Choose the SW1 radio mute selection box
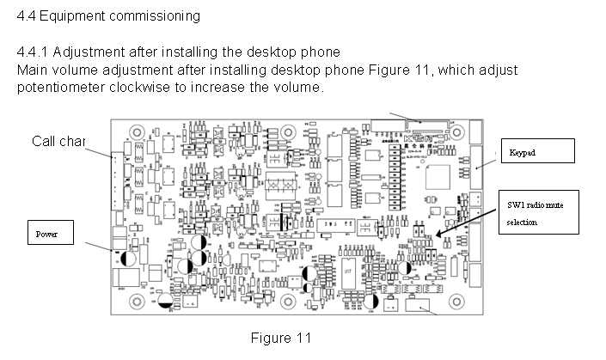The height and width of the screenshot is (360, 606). point(537,211)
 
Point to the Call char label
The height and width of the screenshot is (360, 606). point(58,142)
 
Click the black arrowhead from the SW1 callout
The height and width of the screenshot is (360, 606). point(439,233)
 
